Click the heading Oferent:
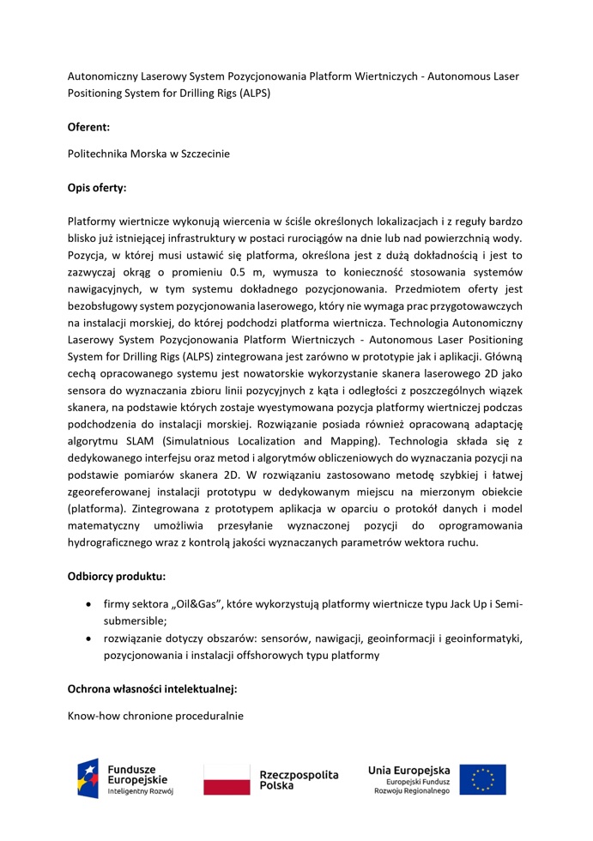click(88, 126)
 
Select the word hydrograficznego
click(116, 542)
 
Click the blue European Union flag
click(482, 779)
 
